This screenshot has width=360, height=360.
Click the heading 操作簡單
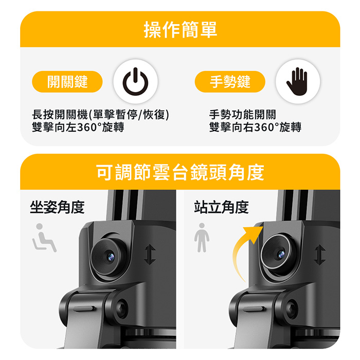180,30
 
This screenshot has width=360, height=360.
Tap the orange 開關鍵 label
67,81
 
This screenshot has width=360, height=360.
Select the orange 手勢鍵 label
230,81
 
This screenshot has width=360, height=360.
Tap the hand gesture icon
298,81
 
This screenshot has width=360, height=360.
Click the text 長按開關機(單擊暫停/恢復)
101,115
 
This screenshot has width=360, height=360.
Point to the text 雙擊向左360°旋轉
78,128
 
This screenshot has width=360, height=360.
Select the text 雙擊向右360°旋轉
255,128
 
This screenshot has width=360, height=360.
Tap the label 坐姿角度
57,207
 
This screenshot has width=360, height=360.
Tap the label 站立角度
221,207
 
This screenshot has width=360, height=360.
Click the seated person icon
45,238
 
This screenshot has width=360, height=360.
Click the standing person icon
202,238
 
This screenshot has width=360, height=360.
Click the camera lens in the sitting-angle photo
109,255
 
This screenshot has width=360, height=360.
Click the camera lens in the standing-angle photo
278,254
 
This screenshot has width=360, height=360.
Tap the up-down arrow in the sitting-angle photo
150,255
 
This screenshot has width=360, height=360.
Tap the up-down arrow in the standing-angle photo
319,255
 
